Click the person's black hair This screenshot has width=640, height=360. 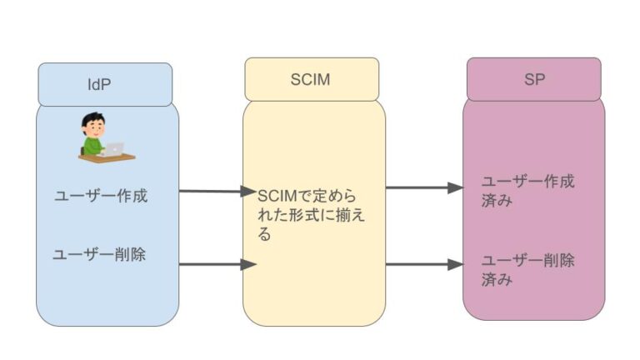[91, 122]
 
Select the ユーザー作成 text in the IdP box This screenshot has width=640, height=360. [100, 196]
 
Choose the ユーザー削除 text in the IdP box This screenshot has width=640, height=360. [99, 255]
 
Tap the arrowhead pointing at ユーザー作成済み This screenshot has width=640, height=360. [455, 187]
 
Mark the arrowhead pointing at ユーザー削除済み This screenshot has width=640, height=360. [455, 264]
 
